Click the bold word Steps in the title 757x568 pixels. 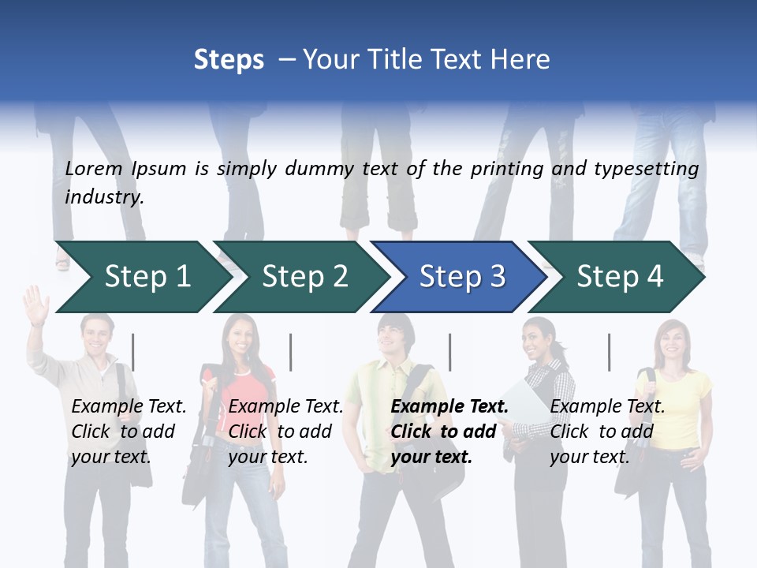229,60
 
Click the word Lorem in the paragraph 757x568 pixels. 94,169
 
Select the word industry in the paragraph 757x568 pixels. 103,197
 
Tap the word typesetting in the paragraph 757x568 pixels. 646,169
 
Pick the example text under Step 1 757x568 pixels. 129,432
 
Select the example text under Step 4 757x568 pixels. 607,432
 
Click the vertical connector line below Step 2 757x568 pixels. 291,352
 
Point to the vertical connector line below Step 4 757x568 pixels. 609,352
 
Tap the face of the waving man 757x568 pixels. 98,335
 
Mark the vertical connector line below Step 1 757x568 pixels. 132,352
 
